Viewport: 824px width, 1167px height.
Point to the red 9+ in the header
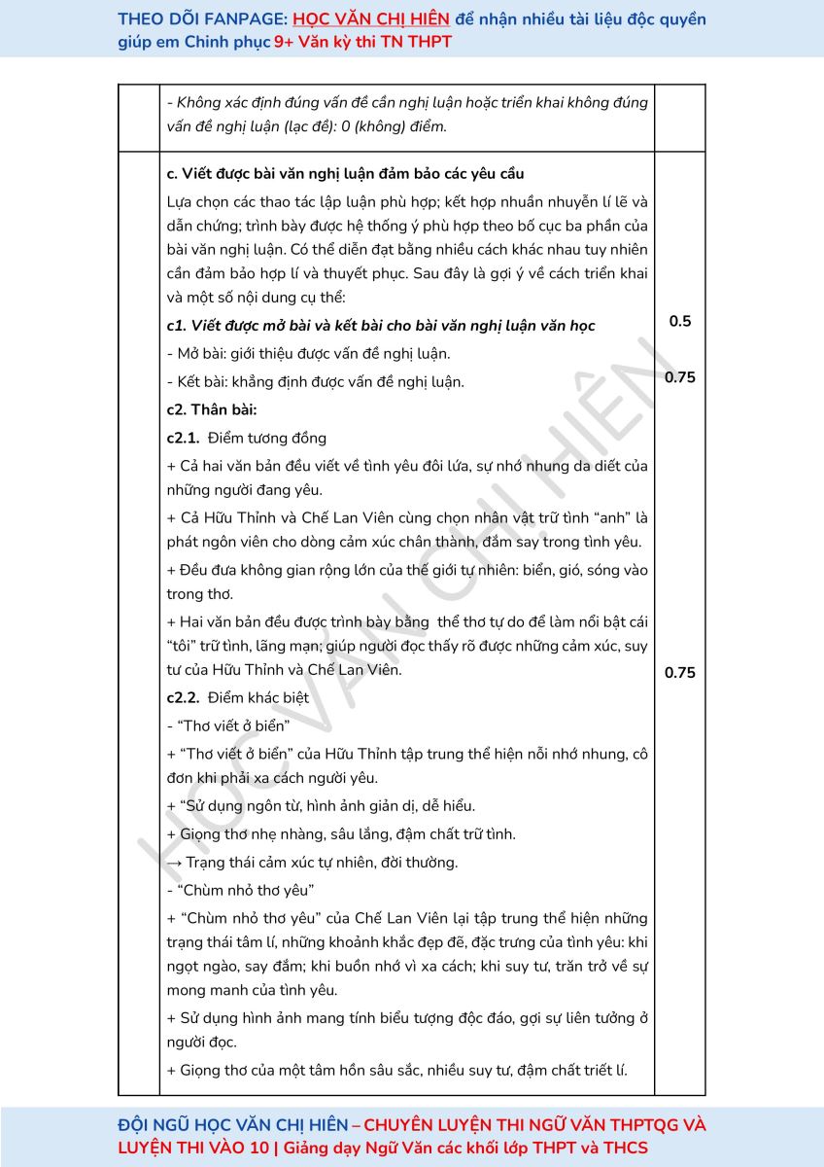285,43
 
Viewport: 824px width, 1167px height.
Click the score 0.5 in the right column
680,321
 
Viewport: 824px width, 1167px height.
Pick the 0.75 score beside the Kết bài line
680,378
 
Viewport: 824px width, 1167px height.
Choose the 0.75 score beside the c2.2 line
680,673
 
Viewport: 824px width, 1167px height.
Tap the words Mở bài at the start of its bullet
197,354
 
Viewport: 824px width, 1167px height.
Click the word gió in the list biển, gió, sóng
542,570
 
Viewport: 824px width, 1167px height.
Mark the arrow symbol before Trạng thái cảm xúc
175,863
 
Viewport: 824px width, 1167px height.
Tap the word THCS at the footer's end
624,1148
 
